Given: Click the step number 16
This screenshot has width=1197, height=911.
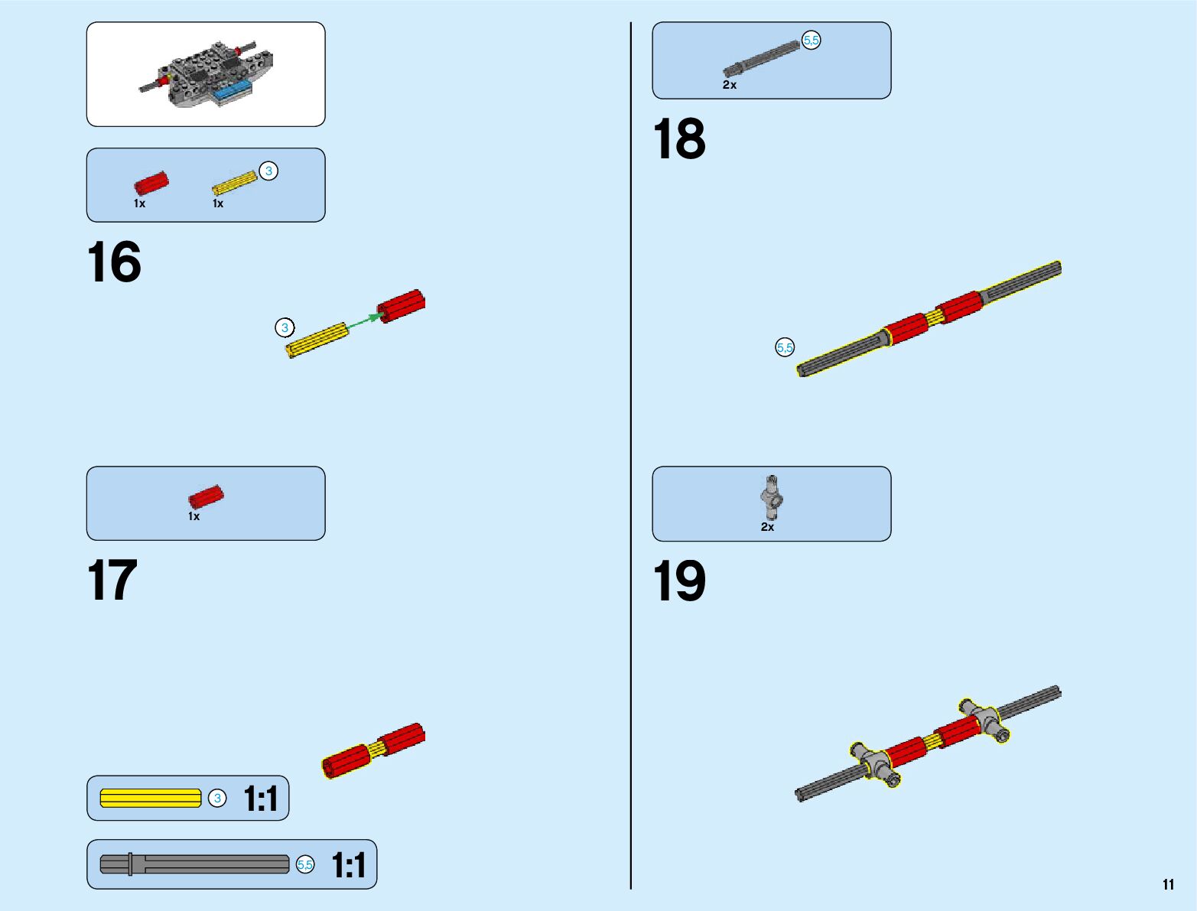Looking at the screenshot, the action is tap(114, 262).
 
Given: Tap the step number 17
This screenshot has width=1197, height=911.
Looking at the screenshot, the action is tap(112, 581).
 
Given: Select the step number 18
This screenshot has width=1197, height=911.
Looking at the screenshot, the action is tap(678, 140).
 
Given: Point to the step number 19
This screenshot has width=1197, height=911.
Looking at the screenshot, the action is tap(678, 581).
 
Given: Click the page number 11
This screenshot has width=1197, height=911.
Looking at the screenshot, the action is tap(1168, 885).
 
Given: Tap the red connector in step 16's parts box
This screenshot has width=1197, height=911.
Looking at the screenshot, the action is tap(151, 184).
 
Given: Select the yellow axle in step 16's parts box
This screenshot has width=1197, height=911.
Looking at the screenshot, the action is tap(234, 184).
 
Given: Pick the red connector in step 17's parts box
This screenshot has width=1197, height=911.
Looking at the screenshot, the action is tap(206, 497).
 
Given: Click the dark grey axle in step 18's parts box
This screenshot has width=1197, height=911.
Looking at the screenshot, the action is tap(761, 59).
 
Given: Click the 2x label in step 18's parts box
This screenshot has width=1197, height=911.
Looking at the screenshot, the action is tap(730, 85).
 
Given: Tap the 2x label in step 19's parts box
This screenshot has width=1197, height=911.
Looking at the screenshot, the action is tap(767, 527).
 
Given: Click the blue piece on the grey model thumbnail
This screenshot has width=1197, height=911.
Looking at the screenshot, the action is tap(232, 93).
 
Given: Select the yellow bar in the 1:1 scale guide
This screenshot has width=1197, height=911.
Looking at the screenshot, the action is tap(151, 799).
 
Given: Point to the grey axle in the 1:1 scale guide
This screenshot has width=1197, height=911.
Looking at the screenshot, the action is tap(195, 864).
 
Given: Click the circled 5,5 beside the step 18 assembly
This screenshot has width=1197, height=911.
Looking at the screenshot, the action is tap(785, 348).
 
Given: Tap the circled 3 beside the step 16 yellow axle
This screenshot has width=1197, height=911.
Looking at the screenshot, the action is tap(285, 328).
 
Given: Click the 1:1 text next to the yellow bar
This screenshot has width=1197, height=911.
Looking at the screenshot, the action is tap(261, 799).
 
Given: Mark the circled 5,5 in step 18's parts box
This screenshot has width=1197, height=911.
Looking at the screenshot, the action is tap(811, 40).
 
